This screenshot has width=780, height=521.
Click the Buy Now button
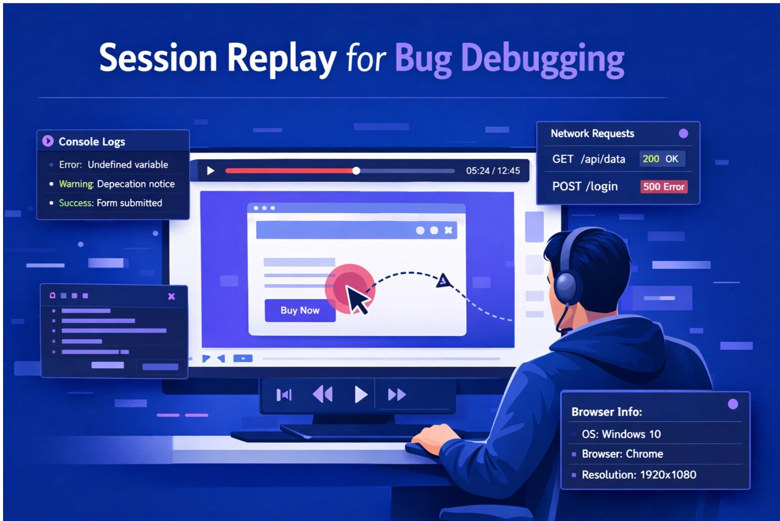click(300, 310)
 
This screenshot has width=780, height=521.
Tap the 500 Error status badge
click(663, 187)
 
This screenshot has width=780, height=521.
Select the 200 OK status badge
click(661, 159)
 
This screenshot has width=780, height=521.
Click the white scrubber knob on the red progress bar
click(356, 171)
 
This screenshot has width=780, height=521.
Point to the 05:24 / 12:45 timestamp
click(493, 171)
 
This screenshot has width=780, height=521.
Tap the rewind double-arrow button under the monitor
click(322, 394)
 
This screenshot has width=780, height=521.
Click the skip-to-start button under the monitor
click(284, 394)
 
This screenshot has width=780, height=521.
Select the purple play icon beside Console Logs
click(48, 141)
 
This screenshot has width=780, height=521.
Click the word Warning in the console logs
click(76, 183)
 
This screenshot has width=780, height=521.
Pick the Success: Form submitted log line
click(110, 203)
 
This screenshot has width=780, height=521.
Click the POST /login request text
click(585, 187)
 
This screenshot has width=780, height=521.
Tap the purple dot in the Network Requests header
click(683, 133)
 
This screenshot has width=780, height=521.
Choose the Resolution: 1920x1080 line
click(639, 475)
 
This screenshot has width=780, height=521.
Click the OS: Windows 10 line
click(621, 434)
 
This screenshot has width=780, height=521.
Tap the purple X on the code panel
click(171, 296)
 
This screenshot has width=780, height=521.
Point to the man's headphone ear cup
click(567, 287)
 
